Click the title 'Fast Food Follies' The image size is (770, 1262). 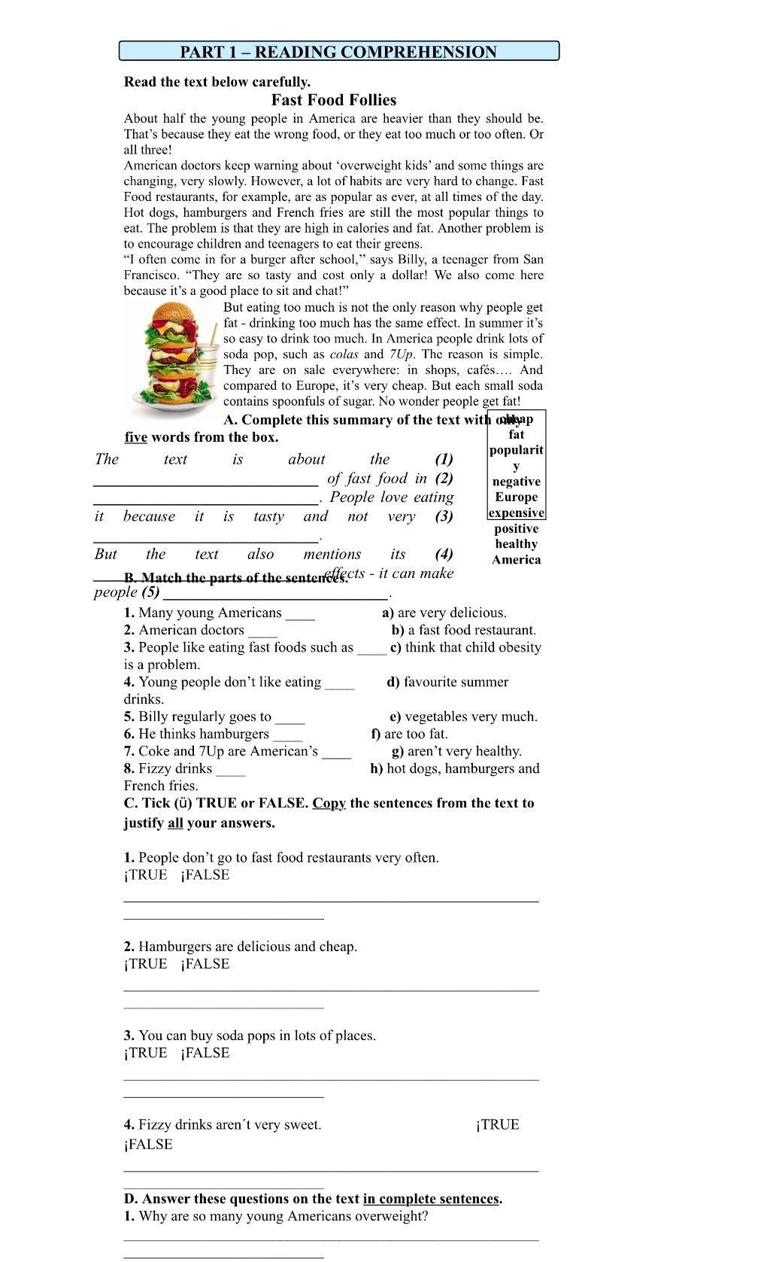pyautogui.click(x=334, y=100)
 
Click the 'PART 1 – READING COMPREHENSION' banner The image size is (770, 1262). pyautogui.click(x=338, y=51)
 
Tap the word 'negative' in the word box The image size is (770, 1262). pyautogui.click(x=516, y=482)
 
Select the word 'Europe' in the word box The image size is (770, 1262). pyautogui.click(x=516, y=497)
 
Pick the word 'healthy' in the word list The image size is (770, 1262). pyautogui.click(x=516, y=544)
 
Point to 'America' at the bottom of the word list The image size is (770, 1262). pyautogui.click(x=516, y=560)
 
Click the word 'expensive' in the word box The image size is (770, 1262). pyautogui.click(x=516, y=513)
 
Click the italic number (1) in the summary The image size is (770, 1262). pyautogui.click(x=444, y=459)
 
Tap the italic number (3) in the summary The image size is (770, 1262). pyautogui.click(x=444, y=516)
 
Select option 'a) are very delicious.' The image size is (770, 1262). pyautogui.click(x=444, y=613)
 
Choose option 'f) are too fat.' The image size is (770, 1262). pyautogui.click(x=409, y=734)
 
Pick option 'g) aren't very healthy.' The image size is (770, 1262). pyautogui.click(x=456, y=751)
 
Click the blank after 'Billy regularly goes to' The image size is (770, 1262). pyautogui.click(x=290, y=718)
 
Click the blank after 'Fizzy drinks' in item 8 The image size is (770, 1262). pyautogui.click(x=231, y=770)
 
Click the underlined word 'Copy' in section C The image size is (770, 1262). pyautogui.click(x=329, y=803)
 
